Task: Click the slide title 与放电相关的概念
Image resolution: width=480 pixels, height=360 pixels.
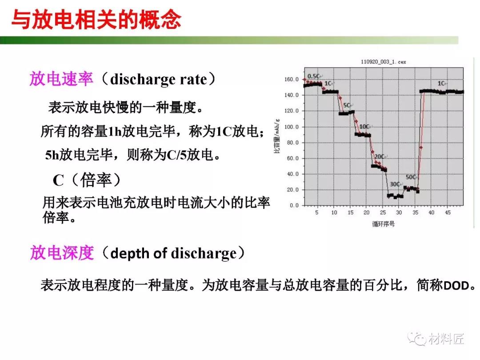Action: point(96,20)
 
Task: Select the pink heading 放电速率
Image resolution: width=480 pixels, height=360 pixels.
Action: point(61,79)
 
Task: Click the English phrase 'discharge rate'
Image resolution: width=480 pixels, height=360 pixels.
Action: point(159,79)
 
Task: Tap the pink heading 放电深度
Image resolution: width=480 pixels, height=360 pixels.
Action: point(62,253)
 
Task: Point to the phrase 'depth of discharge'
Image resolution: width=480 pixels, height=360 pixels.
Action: point(173,253)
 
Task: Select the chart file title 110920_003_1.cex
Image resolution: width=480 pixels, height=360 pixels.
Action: point(383,62)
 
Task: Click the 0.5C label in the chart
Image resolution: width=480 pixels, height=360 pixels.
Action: point(313,76)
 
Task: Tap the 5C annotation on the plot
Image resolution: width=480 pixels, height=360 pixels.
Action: point(347,105)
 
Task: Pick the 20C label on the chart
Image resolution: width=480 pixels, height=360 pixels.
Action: point(379,156)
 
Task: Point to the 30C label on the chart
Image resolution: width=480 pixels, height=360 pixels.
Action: point(394,184)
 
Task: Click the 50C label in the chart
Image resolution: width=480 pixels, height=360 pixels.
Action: point(411,177)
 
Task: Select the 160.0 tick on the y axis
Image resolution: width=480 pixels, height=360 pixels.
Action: point(292,79)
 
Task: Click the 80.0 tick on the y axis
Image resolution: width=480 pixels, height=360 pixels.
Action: point(292,143)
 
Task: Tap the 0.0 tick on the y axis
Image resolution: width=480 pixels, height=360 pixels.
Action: point(294,205)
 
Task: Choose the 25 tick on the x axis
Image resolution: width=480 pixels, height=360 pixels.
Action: point(383,212)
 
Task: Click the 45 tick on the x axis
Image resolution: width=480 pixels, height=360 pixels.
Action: point(448,212)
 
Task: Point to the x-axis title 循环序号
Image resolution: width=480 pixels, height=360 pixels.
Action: point(383,224)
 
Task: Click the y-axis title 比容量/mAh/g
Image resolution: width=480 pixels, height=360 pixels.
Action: point(277,135)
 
